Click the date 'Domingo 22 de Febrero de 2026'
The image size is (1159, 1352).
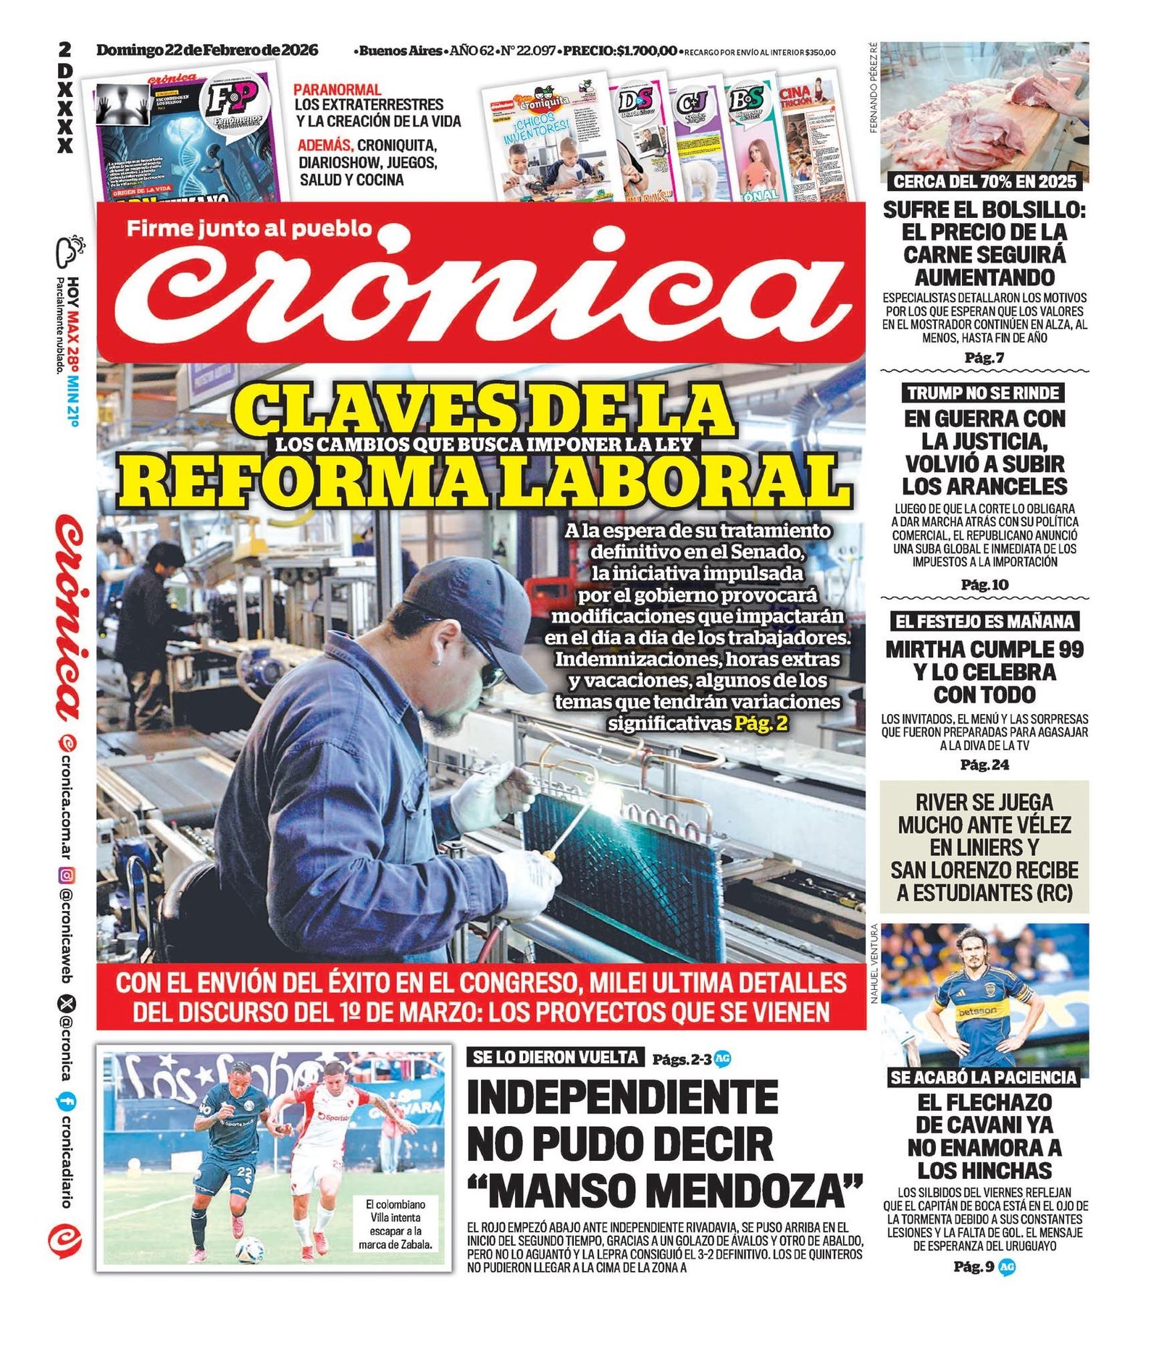pyautogui.click(x=207, y=50)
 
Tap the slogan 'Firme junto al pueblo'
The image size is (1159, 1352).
pyautogui.click(x=249, y=229)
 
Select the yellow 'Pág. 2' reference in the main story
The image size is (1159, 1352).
pyautogui.click(x=761, y=723)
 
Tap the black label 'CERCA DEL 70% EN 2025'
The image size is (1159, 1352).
pyautogui.click(x=984, y=181)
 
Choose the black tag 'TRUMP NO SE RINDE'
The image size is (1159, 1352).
pyautogui.click(x=983, y=393)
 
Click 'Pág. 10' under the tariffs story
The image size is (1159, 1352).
pyautogui.click(x=984, y=584)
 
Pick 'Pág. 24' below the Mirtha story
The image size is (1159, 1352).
pyautogui.click(x=984, y=765)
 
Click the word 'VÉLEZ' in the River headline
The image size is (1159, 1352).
pyautogui.click(x=1038, y=825)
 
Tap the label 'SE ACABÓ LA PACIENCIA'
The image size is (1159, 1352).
pyautogui.click(x=984, y=1078)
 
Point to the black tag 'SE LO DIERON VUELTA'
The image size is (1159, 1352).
pyautogui.click(x=555, y=1057)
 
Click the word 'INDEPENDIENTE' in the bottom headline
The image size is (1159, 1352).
pyautogui.click(x=622, y=1098)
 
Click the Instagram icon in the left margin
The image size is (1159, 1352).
pyautogui.click(x=66, y=876)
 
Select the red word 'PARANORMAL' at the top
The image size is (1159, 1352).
pyautogui.click(x=337, y=90)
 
